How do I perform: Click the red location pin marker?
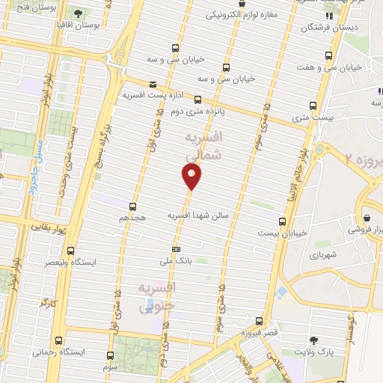(x=192, y=177)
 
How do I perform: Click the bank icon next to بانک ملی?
(x=176, y=249)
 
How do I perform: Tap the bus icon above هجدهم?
(x=133, y=205)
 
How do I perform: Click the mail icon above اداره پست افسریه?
(x=153, y=84)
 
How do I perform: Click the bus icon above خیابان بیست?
(x=282, y=221)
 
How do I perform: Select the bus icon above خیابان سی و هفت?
(x=330, y=55)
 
